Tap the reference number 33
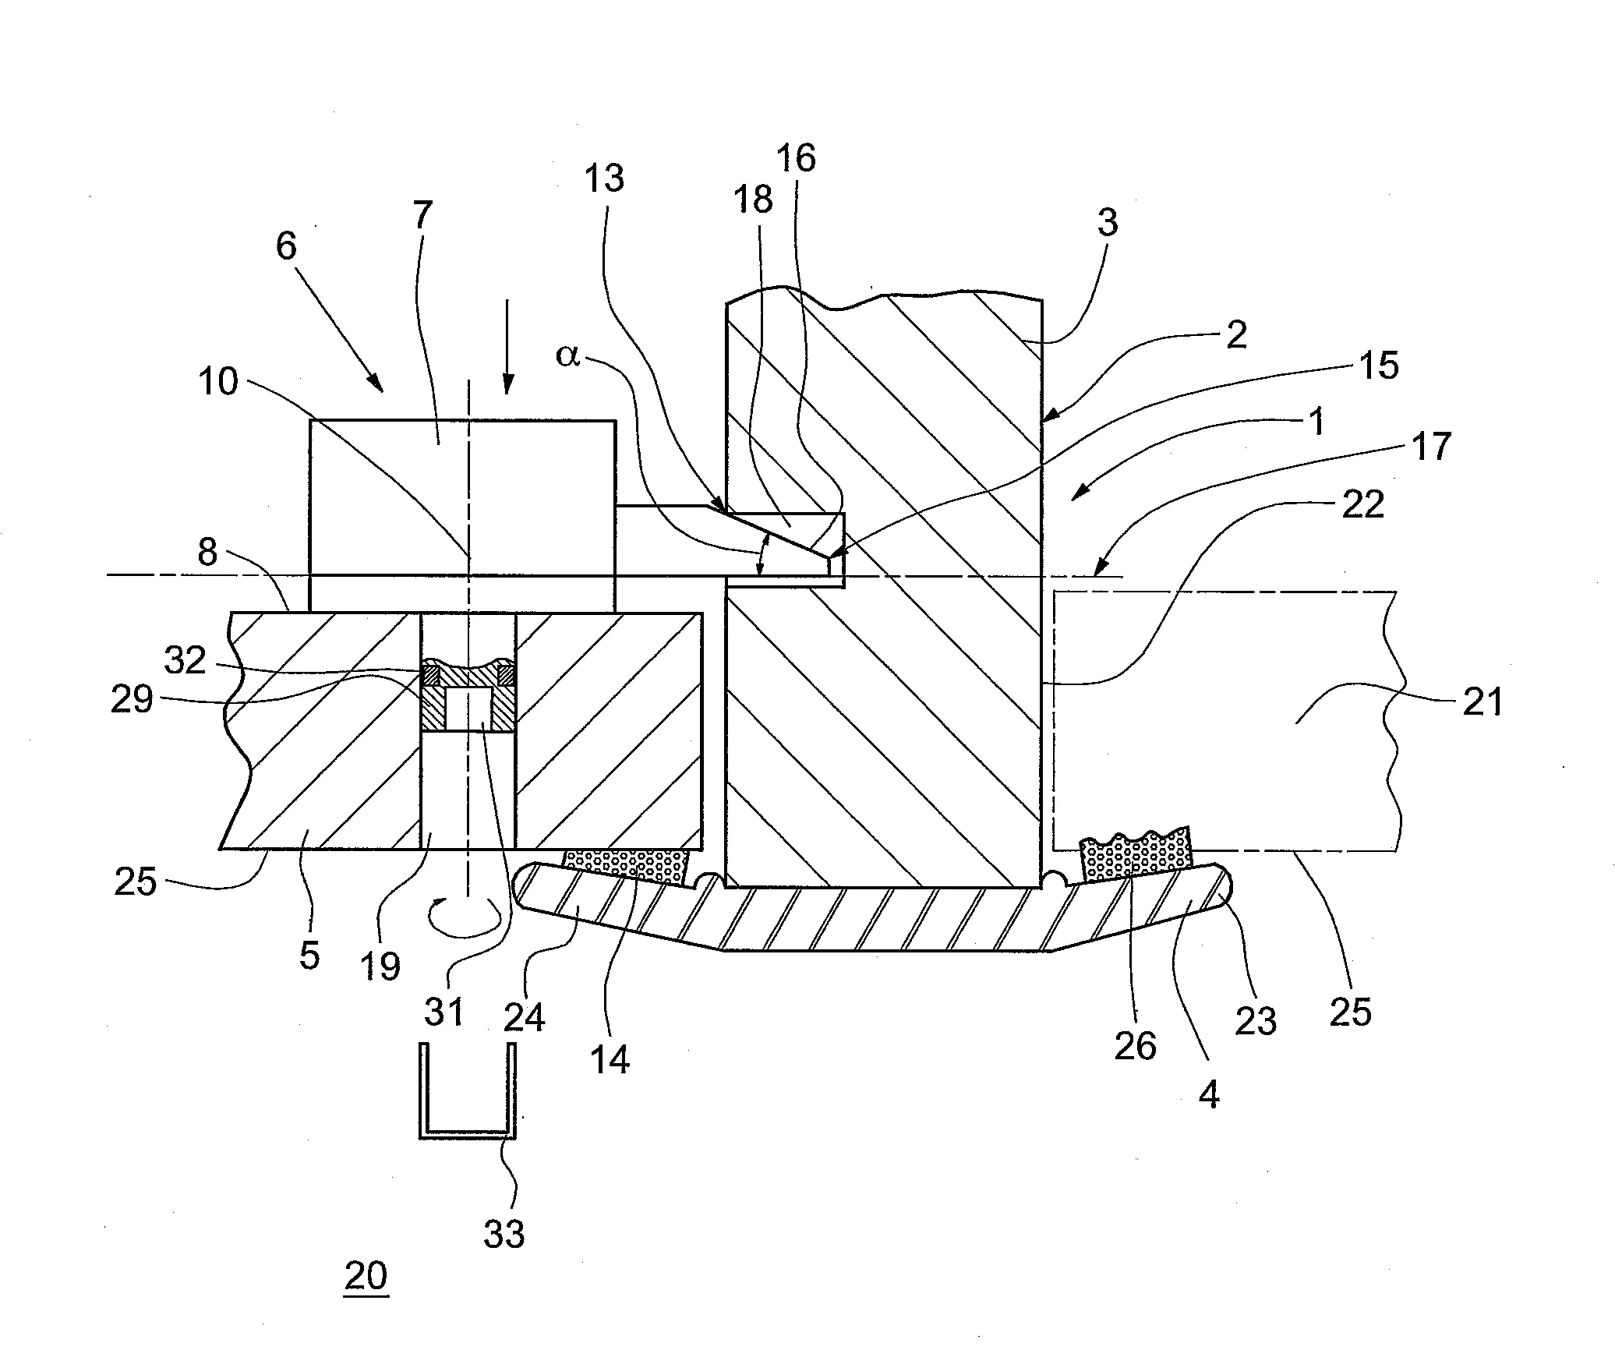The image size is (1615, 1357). pyautogui.click(x=504, y=1233)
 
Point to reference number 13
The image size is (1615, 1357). pyautogui.click(x=604, y=178)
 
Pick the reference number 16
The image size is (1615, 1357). pyautogui.click(x=797, y=158)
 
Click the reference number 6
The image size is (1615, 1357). pyautogui.click(x=286, y=246)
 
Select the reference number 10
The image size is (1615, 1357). pyautogui.click(x=217, y=382)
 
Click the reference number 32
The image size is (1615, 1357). pyautogui.click(x=185, y=660)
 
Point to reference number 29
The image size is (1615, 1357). pyautogui.click(x=132, y=699)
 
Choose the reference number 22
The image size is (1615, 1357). pyautogui.click(x=1362, y=504)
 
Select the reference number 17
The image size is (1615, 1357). pyautogui.click(x=1431, y=447)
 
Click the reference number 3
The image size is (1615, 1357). pyautogui.click(x=1107, y=223)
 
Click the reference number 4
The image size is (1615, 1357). pyautogui.click(x=1208, y=1096)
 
